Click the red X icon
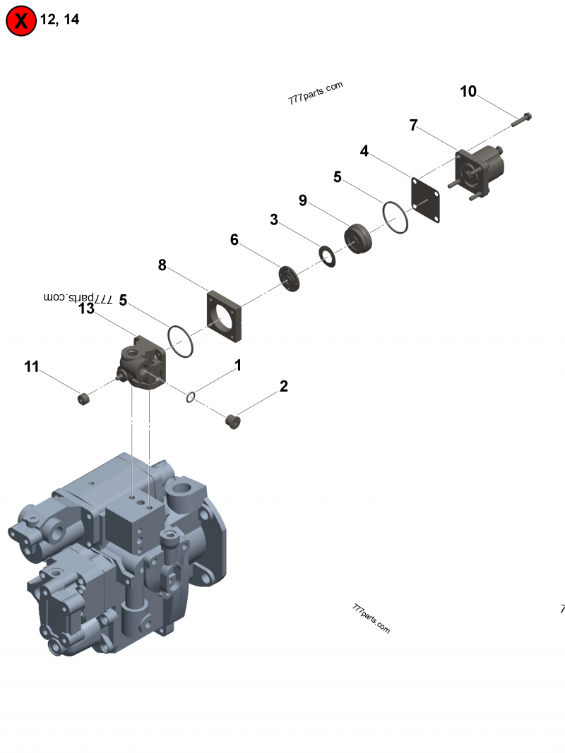tap(21, 21)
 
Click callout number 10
tap(468, 92)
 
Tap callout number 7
tap(414, 126)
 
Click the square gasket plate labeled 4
tap(426, 200)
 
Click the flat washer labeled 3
tap(327, 255)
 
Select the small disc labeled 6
tap(290, 277)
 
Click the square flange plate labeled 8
tap(225, 315)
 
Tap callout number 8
tap(162, 265)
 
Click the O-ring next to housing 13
tap(180, 342)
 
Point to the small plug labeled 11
tap(83, 399)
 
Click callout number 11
tap(31, 366)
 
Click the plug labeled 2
tap(232, 421)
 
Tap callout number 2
tap(283, 386)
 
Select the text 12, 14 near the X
tap(59, 20)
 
